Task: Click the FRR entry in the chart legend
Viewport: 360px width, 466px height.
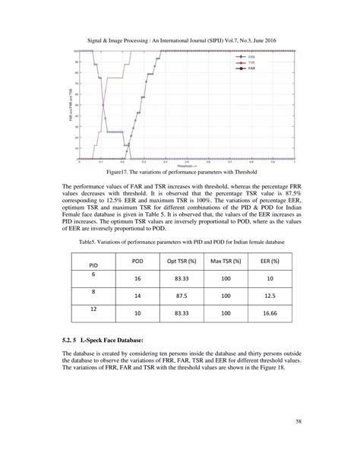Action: [253, 57]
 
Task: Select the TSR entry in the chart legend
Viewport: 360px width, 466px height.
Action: [253, 62]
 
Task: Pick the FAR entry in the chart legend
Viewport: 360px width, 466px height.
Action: [253, 68]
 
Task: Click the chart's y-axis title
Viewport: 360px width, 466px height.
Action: [69, 106]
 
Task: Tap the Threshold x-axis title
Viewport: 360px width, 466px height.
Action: [188, 165]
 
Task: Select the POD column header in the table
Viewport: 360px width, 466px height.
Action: [137, 259]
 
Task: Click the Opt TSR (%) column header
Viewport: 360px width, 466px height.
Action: [182, 259]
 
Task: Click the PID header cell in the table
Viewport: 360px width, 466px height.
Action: [94, 265]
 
